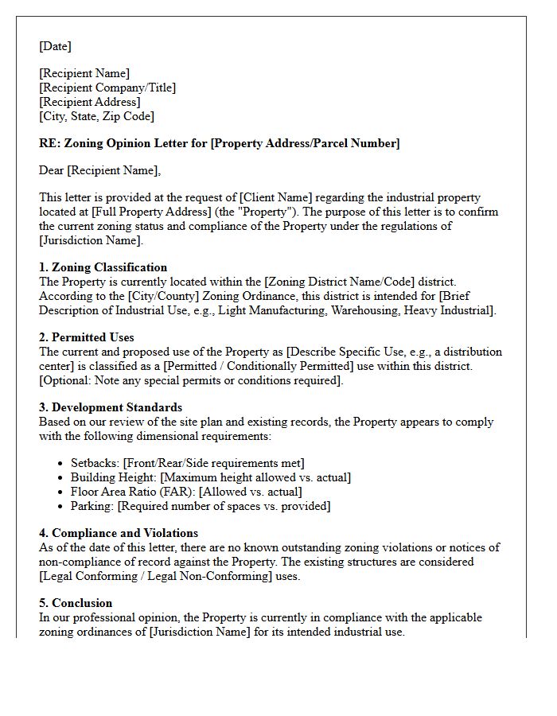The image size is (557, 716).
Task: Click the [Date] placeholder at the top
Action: (55, 46)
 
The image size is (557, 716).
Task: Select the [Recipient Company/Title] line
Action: (107, 88)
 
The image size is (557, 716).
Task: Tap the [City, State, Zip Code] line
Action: (96, 116)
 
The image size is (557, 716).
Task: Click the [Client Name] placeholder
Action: (271, 197)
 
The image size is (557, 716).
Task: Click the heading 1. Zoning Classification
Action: (103, 267)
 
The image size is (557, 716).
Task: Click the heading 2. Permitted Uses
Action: (86, 337)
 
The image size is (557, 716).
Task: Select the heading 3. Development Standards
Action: (110, 407)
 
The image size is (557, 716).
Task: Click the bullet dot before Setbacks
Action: (62, 463)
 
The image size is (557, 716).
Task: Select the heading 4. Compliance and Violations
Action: (118, 533)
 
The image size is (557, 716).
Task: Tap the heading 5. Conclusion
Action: (76, 603)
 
